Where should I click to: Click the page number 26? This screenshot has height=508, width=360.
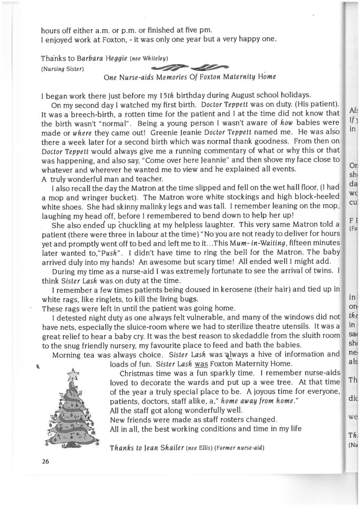[x=45, y=461]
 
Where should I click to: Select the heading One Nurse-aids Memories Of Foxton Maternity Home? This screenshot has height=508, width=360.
[x=190, y=77]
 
